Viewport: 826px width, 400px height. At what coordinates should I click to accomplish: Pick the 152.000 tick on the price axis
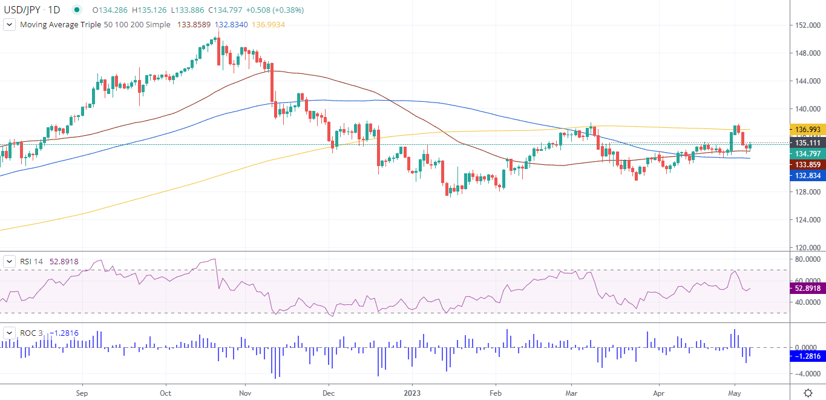pyautogui.click(x=807, y=25)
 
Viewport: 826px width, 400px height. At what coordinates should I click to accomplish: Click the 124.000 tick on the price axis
pyautogui.click(x=807, y=220)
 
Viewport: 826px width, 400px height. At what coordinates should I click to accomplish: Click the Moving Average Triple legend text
pyautogui.click(x=78, y=25)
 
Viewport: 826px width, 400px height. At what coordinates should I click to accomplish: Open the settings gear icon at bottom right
pyautogui.click(x=808, y=393)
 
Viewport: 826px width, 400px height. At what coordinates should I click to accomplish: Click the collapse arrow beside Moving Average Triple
pyautogui.click(x=10, y=25)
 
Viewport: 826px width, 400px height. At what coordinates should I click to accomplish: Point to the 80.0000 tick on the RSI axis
pyautogui.click(x=808, y=259)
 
